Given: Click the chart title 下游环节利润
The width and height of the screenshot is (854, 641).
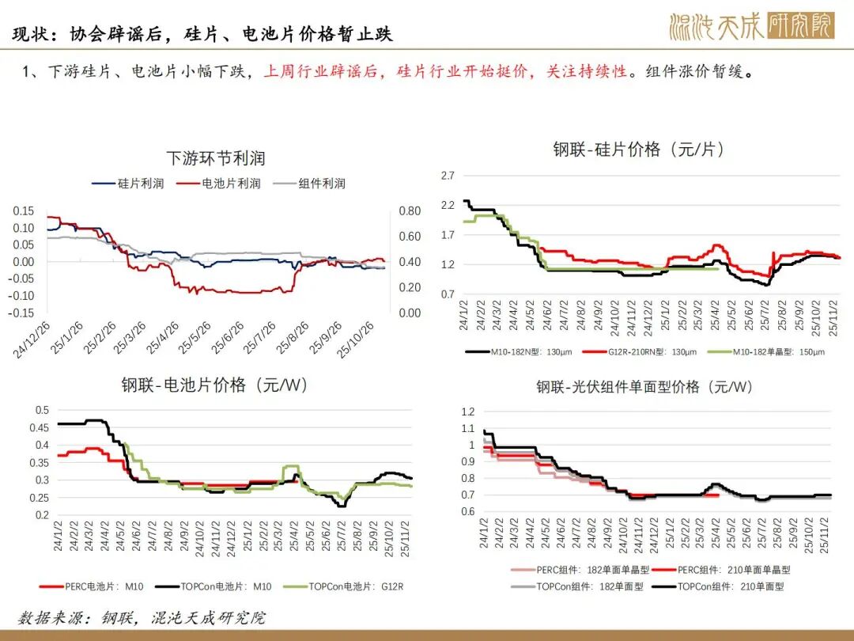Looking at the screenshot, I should (216, 158).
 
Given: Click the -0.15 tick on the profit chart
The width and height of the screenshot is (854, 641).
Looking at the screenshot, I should (23, 313).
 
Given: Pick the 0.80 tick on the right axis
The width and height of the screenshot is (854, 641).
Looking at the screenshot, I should (409, 211).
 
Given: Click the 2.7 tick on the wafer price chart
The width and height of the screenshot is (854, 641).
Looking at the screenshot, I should (448, 175).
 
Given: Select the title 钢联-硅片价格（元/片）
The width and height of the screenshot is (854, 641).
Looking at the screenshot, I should (638, 150).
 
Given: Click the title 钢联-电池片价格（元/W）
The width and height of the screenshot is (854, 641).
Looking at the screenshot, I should (214, 385).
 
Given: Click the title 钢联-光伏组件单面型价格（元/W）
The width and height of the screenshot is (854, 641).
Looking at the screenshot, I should (644, 387).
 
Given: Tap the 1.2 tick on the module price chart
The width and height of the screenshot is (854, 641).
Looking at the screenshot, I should (467, 412).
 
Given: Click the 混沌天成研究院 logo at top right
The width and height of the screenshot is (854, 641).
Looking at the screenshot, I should (751, 26).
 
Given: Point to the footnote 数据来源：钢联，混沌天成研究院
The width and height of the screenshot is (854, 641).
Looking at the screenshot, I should (142, 617).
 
